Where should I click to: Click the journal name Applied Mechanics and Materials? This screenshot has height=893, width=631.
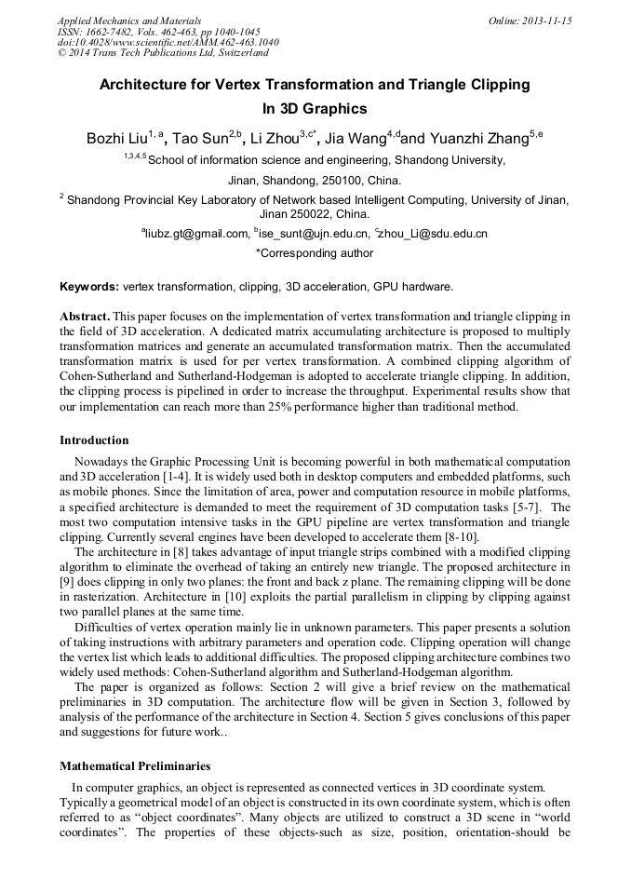129,20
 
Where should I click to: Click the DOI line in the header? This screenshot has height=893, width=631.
168,42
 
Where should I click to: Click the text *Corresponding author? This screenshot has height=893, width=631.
315,253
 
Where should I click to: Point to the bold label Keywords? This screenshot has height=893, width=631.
89,286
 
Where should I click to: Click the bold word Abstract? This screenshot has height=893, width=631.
85,316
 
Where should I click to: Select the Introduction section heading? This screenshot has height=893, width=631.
94,440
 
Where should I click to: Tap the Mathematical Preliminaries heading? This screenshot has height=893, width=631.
135,766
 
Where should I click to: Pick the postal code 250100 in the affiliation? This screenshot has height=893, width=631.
339,181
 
